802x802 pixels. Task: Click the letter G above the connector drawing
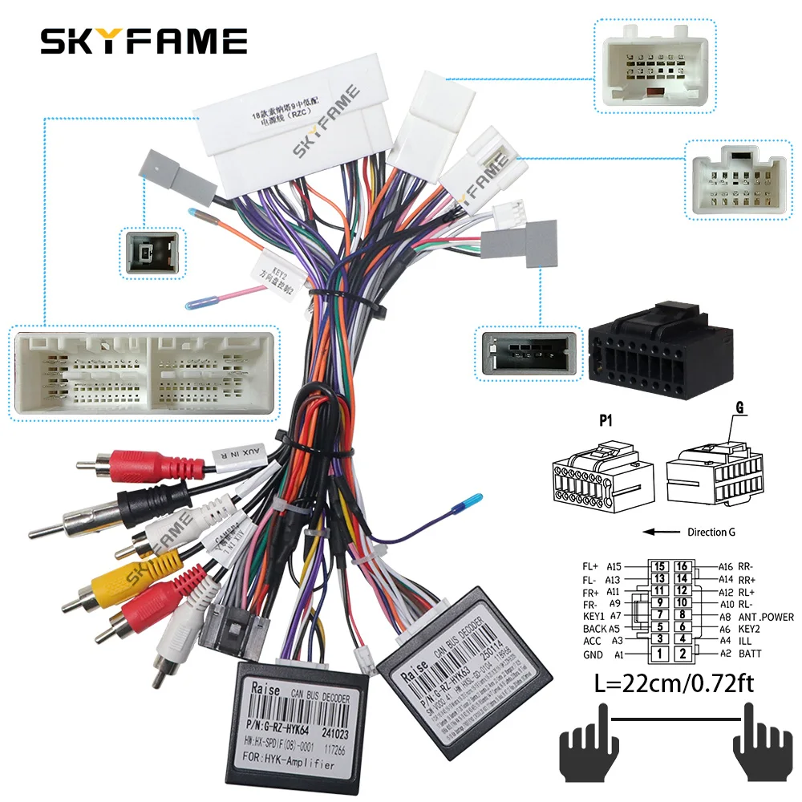(x=738, y=408)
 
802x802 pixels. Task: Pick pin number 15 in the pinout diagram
(x=659, y=566)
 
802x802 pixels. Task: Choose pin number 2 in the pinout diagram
(x=683, y=654)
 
